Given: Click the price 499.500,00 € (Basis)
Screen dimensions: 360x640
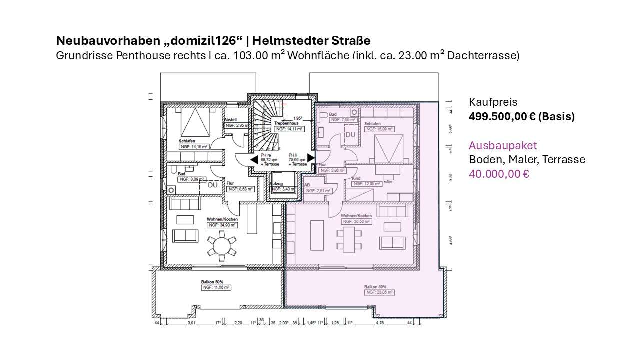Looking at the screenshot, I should coord(521,117).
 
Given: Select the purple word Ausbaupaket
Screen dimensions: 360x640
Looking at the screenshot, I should coord(502,146).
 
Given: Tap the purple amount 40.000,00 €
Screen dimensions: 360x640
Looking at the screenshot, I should coord(498,174).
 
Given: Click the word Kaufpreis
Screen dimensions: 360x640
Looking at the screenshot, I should coord(493,102).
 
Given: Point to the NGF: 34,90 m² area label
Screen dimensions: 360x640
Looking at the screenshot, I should coord(222,225).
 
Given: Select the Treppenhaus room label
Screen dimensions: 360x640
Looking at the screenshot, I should coord(286,122).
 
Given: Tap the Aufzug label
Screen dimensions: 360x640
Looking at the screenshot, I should coord(276,184).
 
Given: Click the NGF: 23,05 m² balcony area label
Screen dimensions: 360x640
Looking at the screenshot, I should coord(379,292).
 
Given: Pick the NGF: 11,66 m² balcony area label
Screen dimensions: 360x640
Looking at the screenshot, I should coord(216,288).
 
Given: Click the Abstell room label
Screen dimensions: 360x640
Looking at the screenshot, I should coord(230,120).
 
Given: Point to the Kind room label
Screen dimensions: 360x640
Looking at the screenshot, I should coord(356,178).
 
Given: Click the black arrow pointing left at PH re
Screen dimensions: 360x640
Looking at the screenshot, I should coord(254,159).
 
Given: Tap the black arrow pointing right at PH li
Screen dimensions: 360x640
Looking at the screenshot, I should coord(311,158).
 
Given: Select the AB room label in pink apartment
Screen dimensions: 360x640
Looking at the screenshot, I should coord(307,184).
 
